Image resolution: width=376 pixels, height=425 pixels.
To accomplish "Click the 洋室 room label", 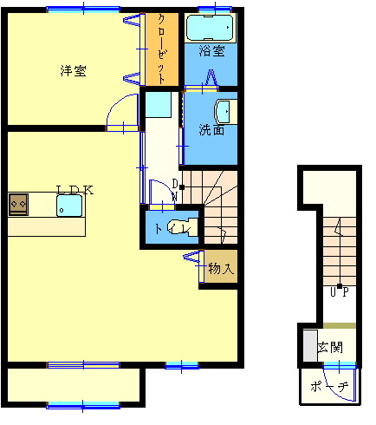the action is pos(73,71).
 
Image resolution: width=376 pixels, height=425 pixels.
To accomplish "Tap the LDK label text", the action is pos(75,190).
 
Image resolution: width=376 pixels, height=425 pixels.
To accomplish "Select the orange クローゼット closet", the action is pos(162,49).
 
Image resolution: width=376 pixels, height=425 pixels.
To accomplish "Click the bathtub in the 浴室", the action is pos(210,28).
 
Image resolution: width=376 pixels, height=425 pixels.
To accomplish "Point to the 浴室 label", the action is pos(211,51).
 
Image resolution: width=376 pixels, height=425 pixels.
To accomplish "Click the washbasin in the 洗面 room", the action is pos(225,111).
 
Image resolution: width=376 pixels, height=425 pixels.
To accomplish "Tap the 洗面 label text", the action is pos(211,130).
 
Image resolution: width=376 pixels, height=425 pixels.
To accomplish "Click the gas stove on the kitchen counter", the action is pos(18,205).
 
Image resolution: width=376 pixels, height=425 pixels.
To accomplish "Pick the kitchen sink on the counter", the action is pos(69,206).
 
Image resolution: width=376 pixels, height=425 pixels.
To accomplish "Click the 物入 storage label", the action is pos(221,269).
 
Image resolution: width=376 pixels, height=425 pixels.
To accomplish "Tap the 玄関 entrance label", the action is pos(330,347).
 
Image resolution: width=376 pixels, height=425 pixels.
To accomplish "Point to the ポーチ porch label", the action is pos(329,386).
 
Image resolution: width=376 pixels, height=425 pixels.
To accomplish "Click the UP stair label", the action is pos(340,292).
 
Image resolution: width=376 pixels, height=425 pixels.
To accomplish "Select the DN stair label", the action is pos(175,190).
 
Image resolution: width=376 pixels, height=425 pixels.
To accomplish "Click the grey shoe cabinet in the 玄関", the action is pos(310,345).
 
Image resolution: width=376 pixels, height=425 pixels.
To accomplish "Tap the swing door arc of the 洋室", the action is pos(114,103).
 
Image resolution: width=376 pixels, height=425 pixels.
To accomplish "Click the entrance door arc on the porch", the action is pos(335,390).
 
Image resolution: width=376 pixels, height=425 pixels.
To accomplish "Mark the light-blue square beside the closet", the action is pos(159,104).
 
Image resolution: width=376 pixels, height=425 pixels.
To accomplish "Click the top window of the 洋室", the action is pos(83,10).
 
